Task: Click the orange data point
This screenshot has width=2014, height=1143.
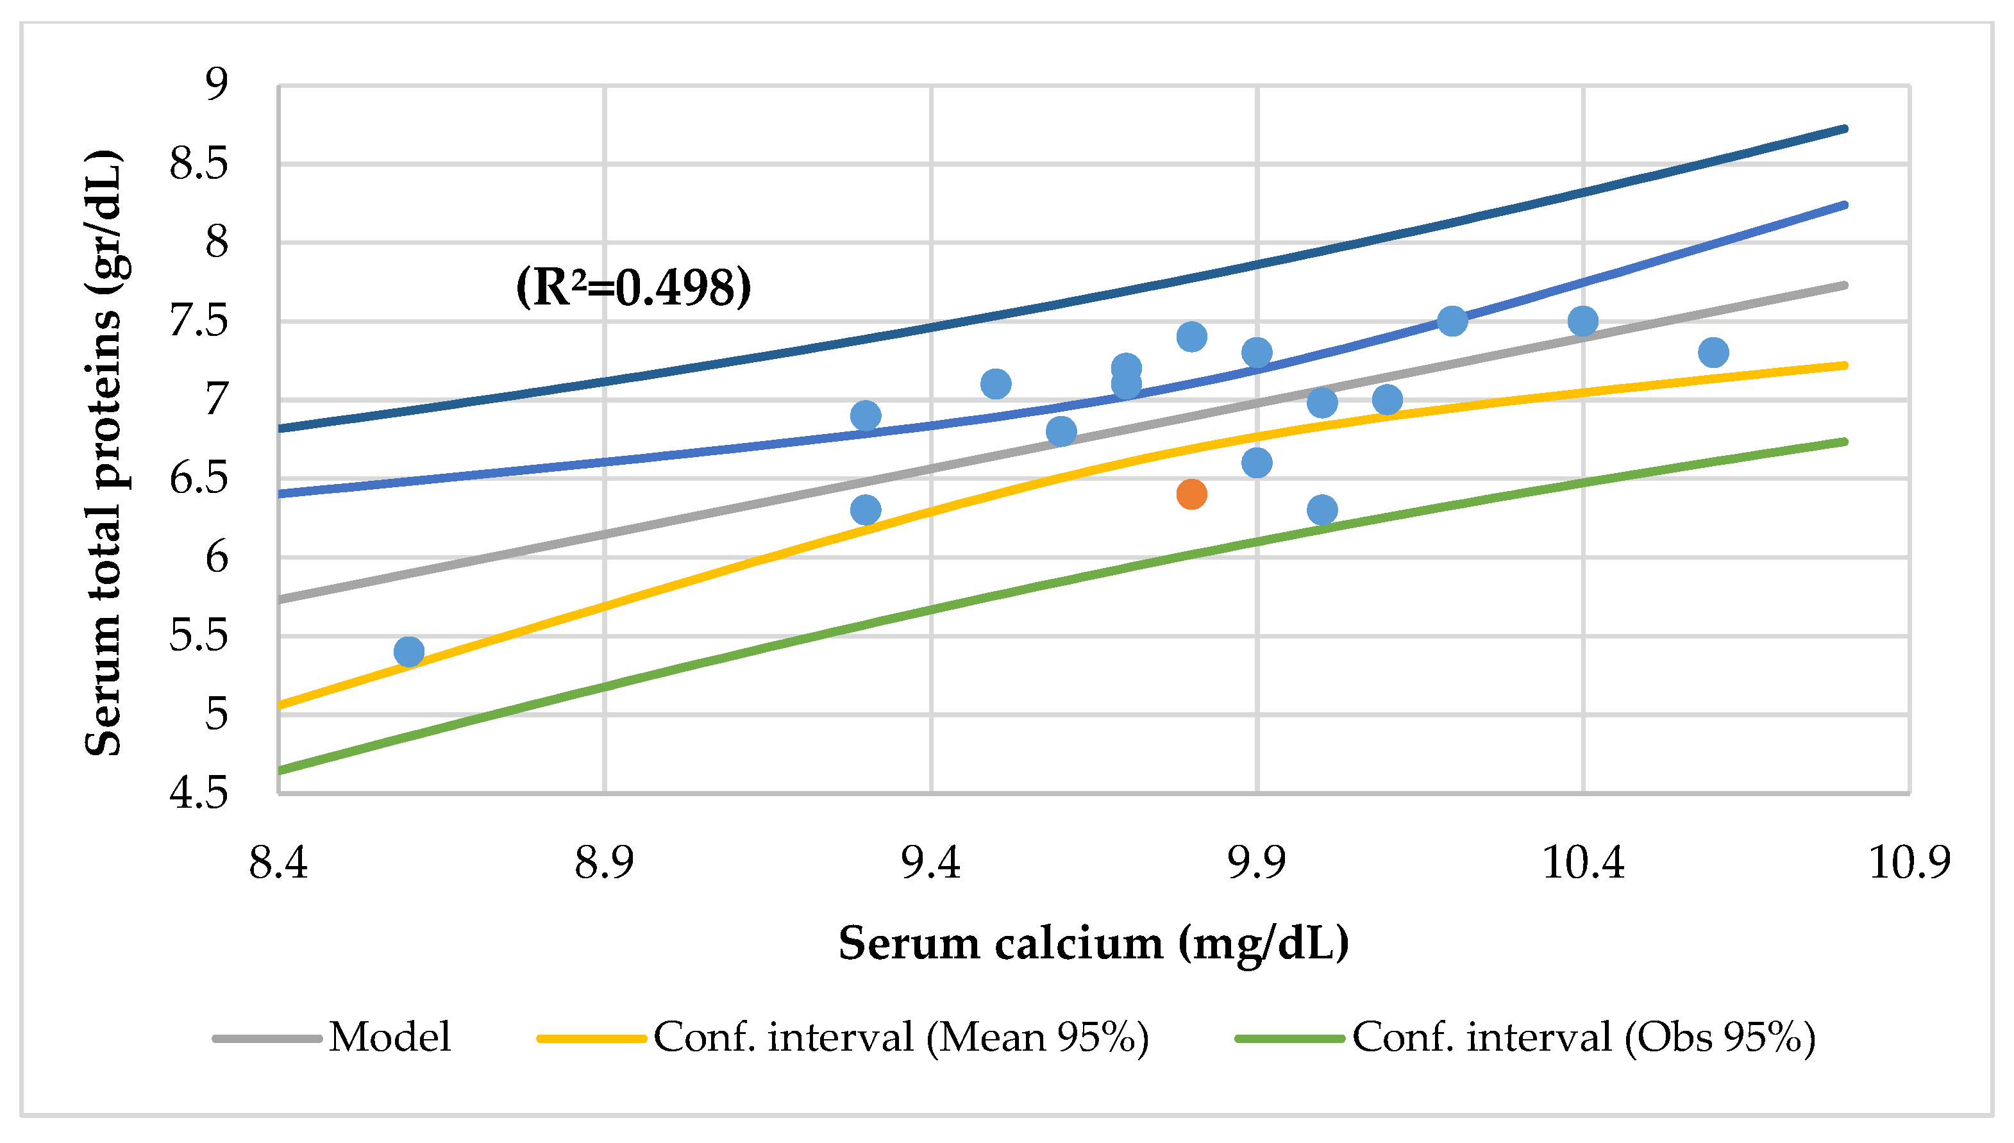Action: tap(1191, 494)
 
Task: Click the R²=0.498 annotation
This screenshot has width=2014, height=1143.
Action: tap(633, 287)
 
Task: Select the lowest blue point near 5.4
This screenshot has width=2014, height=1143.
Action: tap(409, 651)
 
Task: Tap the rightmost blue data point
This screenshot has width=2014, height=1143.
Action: tap(1713, 353)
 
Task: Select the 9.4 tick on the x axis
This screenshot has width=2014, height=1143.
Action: tap(930, 863)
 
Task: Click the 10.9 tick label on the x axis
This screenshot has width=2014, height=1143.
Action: tap(1909, 863)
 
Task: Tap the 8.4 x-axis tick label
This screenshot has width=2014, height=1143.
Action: tap(279, 863)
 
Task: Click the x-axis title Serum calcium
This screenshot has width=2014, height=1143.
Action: tap(1093, 943)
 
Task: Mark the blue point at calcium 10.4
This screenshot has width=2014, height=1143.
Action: tap(1583, 321)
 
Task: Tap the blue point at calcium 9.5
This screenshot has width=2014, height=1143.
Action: tap(996, 384)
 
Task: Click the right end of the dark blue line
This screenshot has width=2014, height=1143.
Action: tap(1843, 129)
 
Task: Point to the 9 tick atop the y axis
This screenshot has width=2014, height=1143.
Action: tap(216, 83)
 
